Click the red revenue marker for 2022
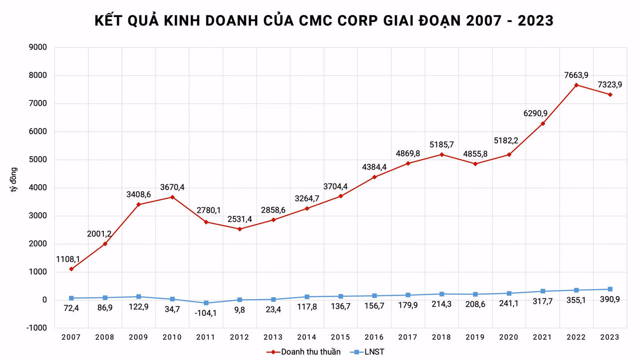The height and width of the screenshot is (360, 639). click(576, 85)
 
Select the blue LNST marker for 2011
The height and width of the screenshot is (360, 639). click(206, 303)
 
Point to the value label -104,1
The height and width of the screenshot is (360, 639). click(206, 313)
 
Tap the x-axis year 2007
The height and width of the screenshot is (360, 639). click(71, 338)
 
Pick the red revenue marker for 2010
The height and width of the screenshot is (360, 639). click(172, 197)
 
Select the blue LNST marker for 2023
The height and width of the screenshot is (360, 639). click(610, 289)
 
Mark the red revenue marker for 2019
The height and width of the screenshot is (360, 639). click(475, 164)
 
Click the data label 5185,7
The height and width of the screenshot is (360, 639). click(442, 144)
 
